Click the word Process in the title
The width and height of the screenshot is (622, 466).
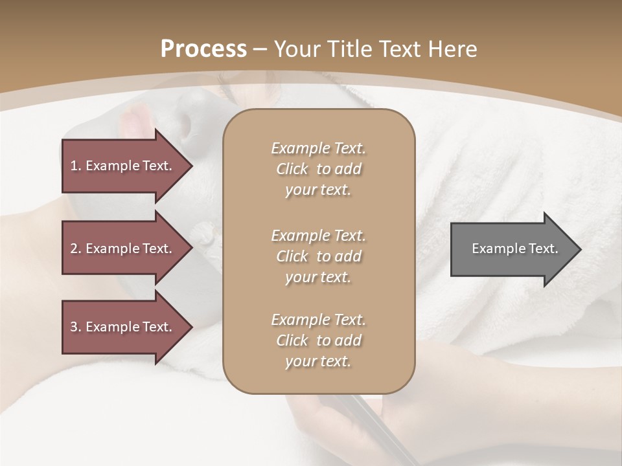coord(203,49)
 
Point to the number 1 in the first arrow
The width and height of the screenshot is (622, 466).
coord(75,166)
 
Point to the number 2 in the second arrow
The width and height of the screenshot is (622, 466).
coord(75,249)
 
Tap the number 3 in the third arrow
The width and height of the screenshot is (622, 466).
coord(75,327)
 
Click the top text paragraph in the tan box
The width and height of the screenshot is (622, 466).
coord(318,169)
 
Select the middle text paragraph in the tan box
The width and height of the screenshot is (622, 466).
coord(318,256)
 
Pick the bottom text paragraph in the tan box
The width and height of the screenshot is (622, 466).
coord(318,340)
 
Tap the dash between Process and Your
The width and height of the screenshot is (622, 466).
coord(260,49)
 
